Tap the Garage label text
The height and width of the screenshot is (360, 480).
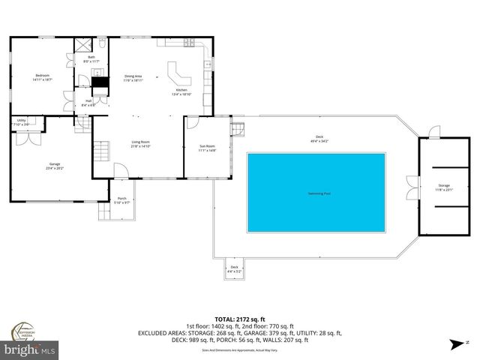(x=55, y=165)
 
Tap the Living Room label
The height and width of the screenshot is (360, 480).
(x=141, y=145)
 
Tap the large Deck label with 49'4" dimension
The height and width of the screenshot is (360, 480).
(x=319, y=138)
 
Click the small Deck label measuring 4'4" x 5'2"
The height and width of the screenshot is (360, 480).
(x=234, y=268)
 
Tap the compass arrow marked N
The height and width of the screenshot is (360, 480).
(x=455, y=344)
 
